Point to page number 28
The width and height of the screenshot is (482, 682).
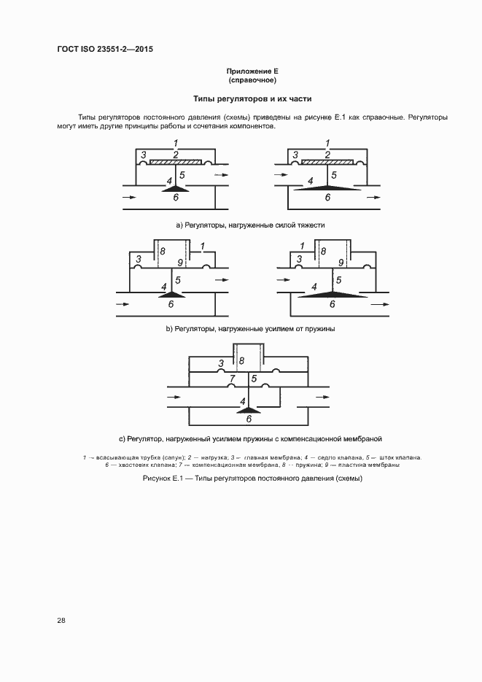(x=61, y=620)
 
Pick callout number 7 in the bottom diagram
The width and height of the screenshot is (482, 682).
(x=232, y=379)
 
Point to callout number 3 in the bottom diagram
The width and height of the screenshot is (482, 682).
(x=221, y=363)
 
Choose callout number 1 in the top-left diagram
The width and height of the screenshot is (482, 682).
(x=176, y=142)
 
